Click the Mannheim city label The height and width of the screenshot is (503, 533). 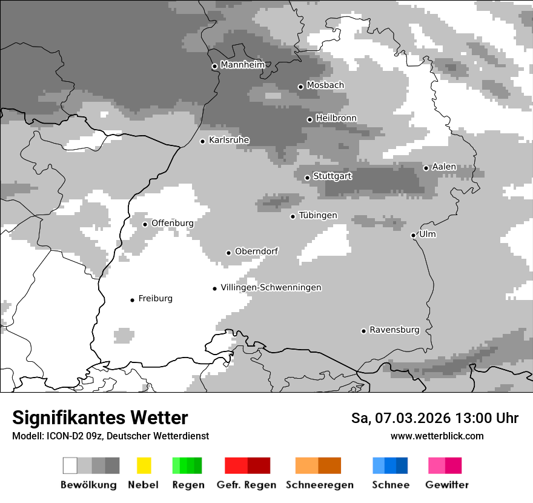point(242,65)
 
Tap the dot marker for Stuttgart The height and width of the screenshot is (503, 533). point(307,178)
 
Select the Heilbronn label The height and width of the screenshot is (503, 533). point(336,118)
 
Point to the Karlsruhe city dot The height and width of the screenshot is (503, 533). point(203,141)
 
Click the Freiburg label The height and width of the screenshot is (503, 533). point(155,298)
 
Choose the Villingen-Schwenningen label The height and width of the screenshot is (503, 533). point(271,287)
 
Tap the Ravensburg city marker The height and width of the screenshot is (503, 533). point(363,331)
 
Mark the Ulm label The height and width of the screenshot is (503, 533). point(427,235)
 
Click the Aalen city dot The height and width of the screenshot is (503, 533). point(426,168)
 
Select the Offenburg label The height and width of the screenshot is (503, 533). point(172,223)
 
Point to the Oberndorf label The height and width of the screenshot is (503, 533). point(256,252)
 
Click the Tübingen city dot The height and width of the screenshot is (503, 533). point(293,216)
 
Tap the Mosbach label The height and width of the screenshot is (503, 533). point(325,85)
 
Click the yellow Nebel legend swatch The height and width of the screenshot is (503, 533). point(144,465)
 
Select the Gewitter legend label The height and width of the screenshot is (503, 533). point(447,485)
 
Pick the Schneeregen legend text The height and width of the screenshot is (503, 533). point(320,485)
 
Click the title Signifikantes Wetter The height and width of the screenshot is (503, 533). point(100,418)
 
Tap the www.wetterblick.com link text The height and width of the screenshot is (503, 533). point(437,436)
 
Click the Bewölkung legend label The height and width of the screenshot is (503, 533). point(88,485)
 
